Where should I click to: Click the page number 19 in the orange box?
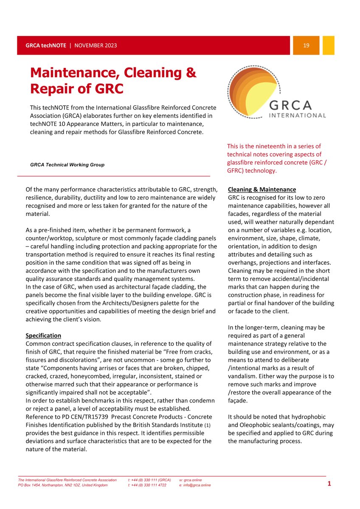306,45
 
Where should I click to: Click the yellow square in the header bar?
328,45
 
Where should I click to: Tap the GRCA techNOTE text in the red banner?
45,45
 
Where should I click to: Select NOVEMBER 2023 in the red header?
96,45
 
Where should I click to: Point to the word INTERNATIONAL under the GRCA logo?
298,115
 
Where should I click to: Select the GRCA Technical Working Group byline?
67,165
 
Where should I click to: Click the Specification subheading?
43,336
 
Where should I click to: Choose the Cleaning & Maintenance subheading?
262,189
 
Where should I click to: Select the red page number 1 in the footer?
329,484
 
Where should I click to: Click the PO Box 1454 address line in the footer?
63,485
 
